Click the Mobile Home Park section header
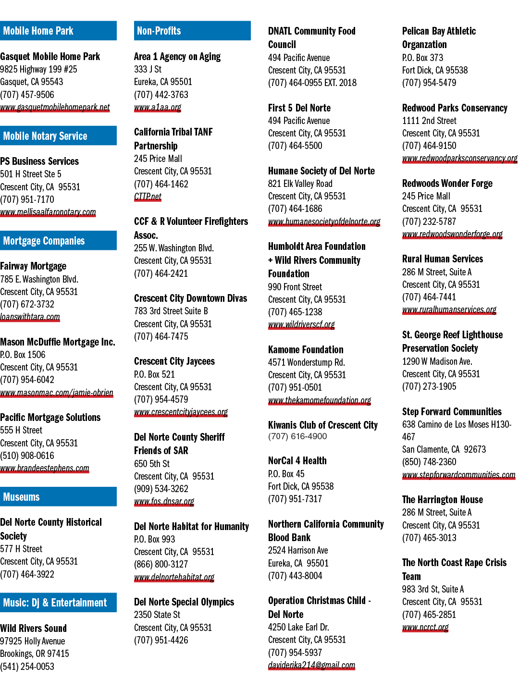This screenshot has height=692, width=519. click(58, 31)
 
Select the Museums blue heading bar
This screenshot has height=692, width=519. click(58, 496)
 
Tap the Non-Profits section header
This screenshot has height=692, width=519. click(192, 31)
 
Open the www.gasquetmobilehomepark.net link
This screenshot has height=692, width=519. click(55, 107)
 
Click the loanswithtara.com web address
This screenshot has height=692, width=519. click(30, 317)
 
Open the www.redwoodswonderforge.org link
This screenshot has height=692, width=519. click(452, 234)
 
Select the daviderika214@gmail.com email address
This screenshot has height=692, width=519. click(311, 665)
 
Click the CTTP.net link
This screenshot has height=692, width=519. click(148, 197)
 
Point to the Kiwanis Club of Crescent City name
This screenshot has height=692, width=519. click(322, 425)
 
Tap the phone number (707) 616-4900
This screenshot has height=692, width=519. click(297, 436)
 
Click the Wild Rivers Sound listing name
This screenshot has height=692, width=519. click(34, 628)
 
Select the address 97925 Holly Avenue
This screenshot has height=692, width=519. click(33, 641)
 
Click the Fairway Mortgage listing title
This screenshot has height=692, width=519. click(33, 266)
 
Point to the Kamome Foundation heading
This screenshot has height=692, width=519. click(306, 350)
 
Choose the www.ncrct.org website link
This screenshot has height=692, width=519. click(425, 627)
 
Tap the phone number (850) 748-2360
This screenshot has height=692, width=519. click(429, 462)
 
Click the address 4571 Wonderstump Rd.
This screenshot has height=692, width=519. click(306, 362)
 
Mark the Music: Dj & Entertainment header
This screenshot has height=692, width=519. click(58, 603)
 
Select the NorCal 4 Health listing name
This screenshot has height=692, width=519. click(297, 460)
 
